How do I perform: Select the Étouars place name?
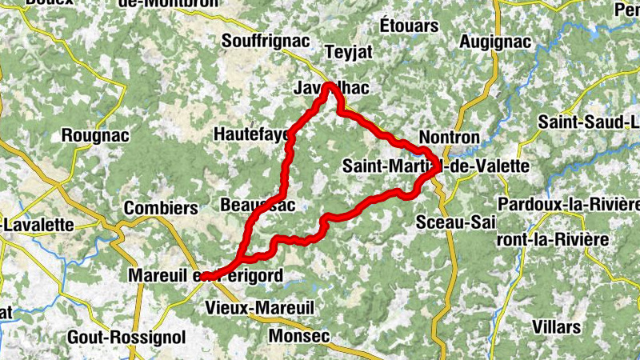409,25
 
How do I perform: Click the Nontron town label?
449,138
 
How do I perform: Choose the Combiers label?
160,208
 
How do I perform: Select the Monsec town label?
300,336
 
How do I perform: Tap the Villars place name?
556,327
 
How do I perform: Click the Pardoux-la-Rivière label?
568,204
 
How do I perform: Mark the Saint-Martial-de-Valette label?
435,166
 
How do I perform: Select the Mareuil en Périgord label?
205,276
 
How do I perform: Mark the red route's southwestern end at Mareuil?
205,277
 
